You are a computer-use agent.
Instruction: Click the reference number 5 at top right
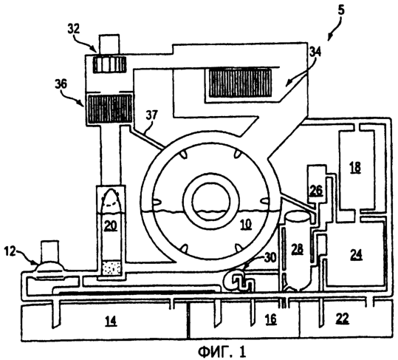point(341,10)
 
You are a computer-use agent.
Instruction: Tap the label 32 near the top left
point(74,29)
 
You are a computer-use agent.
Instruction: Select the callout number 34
point(315,52)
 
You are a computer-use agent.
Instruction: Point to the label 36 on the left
point(61,84)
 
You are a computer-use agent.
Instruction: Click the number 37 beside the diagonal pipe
point(151,115)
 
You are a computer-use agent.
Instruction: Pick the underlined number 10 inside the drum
point(246,224)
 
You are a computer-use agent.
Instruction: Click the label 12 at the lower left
point(10,251)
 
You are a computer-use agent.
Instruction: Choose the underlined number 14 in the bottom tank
point(111,321)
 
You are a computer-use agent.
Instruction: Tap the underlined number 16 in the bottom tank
point(270,319)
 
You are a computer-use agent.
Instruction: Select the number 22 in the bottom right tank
point(342,319)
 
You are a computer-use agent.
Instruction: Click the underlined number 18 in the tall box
point(355,167)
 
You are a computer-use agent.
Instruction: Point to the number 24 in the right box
point(356,254)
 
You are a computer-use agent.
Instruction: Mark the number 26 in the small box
point(316,190)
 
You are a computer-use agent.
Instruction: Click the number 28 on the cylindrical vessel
point(297,249)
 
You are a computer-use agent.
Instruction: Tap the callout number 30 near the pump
point(270,257)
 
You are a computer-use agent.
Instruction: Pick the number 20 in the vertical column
point(111,225)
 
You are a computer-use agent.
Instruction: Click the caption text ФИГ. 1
point(222,352)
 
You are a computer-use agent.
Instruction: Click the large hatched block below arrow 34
point(240,83)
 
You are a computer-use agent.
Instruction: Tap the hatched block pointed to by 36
point(109,109)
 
